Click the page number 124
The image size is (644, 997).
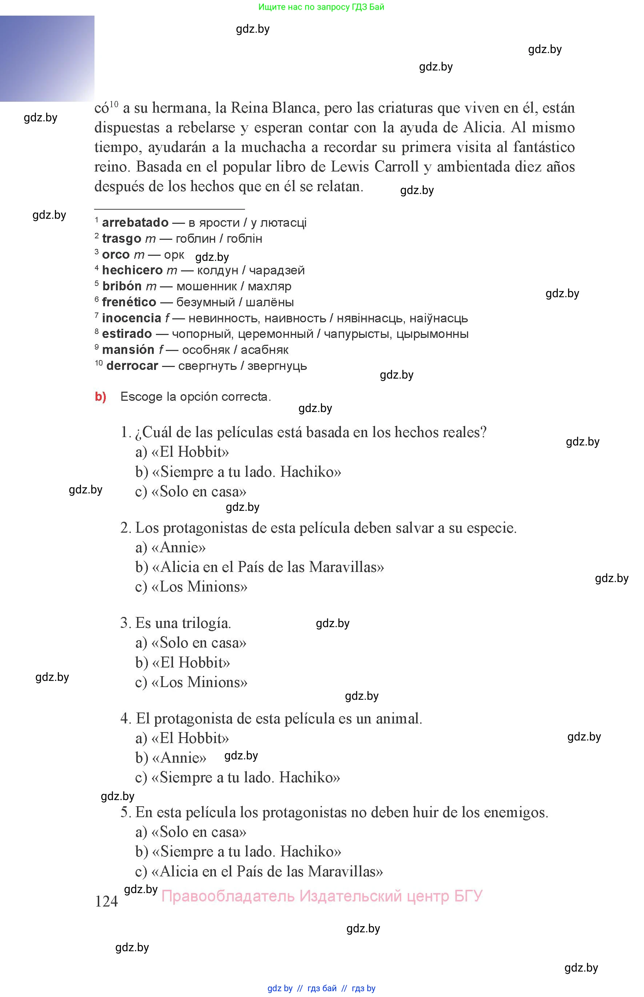point(106,901)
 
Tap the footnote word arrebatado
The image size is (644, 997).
point(135,222)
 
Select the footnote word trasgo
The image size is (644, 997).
point(121,238)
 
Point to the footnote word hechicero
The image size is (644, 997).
point(132,270)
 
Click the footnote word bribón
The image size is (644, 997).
point(122,286)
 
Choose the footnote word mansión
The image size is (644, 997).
point(128,350)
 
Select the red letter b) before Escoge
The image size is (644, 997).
point(100,396)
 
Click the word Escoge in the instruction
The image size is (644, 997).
point(141,396)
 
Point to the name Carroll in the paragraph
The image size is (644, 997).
point(396,166)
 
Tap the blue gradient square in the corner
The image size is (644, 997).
point(47,58)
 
